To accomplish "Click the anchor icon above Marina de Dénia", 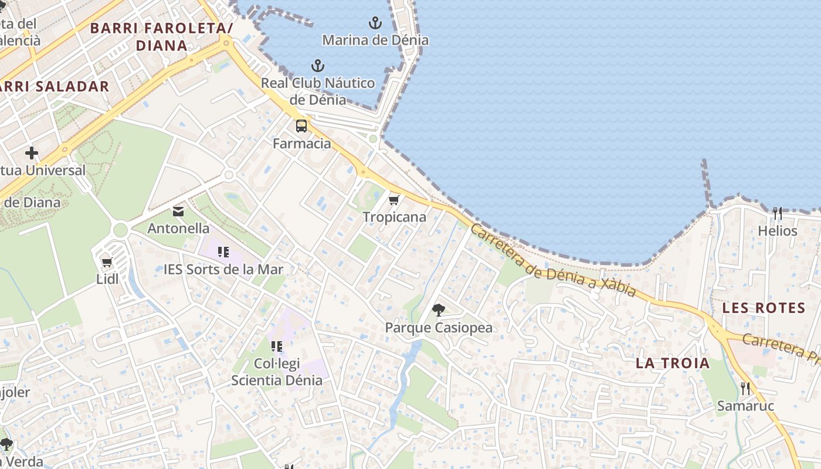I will click(375, 23).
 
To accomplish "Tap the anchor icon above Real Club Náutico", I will click(318, 65).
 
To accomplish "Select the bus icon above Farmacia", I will click(301, 125).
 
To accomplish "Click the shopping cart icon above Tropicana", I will click(394, 200).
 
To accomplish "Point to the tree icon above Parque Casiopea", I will click(438, 310).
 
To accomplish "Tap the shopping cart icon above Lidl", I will click(107, 262).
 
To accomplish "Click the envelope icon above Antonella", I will click(178, 211).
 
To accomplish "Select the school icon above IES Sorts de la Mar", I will click(223, 252).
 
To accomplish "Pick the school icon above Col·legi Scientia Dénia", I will click(276, 346).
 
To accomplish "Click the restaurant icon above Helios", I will click(778, 213).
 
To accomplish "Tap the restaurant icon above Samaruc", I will click(745, 388).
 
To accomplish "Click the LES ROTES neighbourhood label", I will click(764, 308).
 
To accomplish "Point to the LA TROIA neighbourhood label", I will click(673, 363).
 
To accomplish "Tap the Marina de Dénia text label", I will click(375, 40).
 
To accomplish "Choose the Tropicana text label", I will click(394, 217).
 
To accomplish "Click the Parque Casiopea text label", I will click(439, 328).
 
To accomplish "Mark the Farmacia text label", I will click(302, 144).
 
